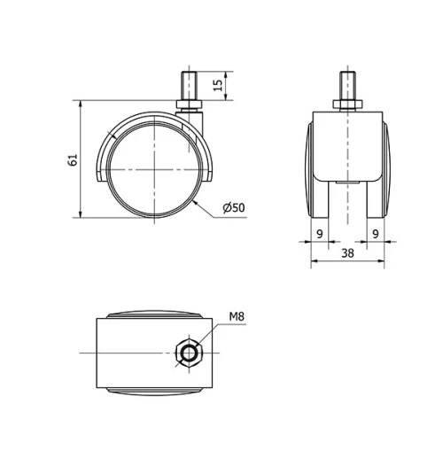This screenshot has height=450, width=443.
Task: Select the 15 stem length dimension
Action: pos(218,86)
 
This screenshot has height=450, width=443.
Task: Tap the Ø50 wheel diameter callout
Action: pos(233,207)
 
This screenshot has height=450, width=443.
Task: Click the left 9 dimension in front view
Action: pos(319,233)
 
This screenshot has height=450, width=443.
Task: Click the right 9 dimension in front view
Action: pos(376,233)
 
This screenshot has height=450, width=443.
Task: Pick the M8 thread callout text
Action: pos(237,316)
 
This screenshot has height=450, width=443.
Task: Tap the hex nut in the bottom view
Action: pos(189,353)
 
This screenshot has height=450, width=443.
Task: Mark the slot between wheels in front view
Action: pos(346,199)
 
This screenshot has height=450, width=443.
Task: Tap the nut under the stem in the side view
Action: pos(190,108)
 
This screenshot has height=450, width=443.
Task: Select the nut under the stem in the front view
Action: pos(346,107)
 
